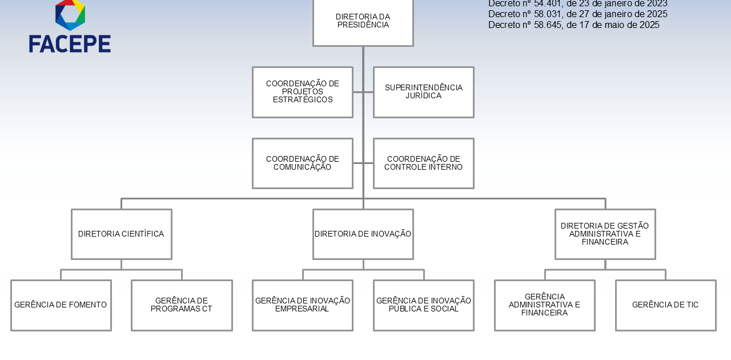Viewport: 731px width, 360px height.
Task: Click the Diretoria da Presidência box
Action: pos(363,22)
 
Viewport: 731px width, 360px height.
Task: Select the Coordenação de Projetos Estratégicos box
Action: pos(303,92)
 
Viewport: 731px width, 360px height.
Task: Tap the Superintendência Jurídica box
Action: pos(424,92)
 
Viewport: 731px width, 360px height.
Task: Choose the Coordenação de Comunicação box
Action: pos(303,163)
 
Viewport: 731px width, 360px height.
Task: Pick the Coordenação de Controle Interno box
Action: pos(424,163)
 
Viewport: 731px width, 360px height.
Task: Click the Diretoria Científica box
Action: pos(122,234)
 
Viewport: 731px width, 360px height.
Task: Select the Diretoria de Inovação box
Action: pos(363,234)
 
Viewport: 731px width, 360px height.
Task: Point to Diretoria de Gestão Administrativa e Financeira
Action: pos(605,234)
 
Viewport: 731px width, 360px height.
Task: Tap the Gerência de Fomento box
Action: pos(61,305)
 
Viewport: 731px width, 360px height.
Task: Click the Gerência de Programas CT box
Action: pos(182,305)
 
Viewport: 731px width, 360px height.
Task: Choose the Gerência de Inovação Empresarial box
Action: pos(303,305)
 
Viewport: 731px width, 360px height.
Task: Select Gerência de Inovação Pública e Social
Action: pos(424,305)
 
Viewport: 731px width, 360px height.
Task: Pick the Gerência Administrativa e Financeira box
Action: pos(545,305)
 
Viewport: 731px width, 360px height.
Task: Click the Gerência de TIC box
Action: pos(666,305)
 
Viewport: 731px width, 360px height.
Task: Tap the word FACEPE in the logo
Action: pos(70,44)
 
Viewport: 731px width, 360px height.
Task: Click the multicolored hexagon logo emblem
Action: pos(70,14)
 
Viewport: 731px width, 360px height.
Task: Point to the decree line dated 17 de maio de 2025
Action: pos(574,25)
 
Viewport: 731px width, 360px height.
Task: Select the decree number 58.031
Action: pos(548,14)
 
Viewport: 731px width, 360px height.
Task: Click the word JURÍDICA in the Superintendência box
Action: pos(423,96)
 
